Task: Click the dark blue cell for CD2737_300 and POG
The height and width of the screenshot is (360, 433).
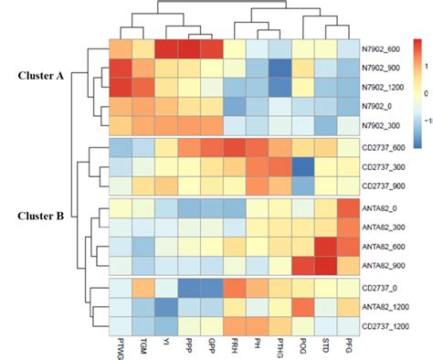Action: pos(303,166)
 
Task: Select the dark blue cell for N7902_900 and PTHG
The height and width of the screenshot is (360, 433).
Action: pos(280,69)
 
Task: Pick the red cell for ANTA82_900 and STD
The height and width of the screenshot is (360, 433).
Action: pos(326,265)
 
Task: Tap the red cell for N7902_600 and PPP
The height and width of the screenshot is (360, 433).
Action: pos(189,49)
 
